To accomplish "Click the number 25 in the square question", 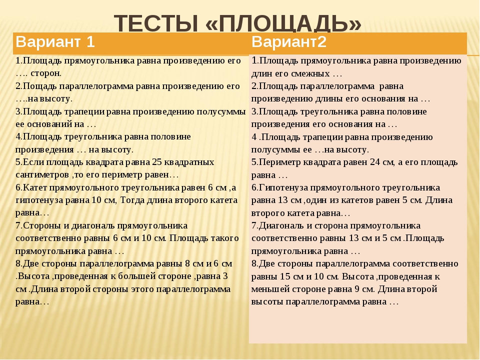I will (x=155, y=162).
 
